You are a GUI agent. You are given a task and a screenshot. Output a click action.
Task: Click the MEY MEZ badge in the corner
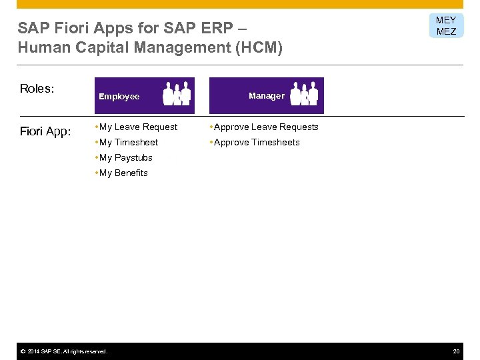(x=446, y=26)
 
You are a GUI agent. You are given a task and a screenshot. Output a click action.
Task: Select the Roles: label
(x=37, y=89)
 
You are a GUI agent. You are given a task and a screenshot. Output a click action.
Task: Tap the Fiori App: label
(x=45, y=131)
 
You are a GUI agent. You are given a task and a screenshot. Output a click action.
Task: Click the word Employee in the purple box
(x=119, y=97)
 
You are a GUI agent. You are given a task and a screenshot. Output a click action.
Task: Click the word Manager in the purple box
(x=266, y=96)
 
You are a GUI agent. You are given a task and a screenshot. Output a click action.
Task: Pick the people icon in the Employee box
(x=177, y=94)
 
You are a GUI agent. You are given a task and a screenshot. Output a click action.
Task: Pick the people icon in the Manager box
(x=305, y=95)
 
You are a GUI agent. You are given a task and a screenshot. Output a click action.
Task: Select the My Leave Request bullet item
(x=138, y=127)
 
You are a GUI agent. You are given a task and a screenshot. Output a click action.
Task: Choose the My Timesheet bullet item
(x=128, y=142)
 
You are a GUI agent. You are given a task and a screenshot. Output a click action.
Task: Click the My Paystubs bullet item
(x=125, y=157)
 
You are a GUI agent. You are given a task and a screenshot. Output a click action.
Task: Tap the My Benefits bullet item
(x=123, y=173)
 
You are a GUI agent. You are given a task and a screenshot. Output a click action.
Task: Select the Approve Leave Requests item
(x=265, y=127)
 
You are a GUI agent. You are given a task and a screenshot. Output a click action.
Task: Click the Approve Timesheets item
(x=256, y=142)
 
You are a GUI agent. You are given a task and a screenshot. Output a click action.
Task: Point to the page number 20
(x=456, y=351)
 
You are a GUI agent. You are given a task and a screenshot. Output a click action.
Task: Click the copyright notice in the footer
(x=63, y=351)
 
